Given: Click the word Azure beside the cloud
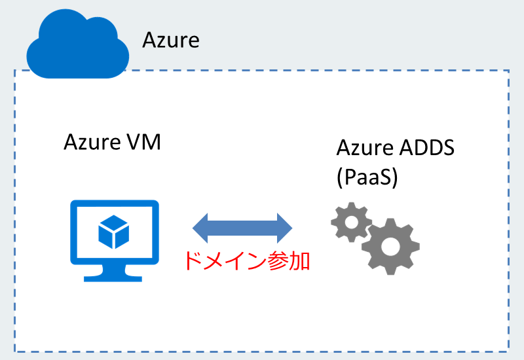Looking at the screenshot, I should click(171, 41).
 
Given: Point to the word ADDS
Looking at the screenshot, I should click(426, 149).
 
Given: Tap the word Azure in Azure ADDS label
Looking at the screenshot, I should click(364, 149).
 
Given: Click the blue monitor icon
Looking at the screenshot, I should click(115, 239).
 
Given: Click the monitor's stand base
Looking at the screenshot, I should click(114, 276).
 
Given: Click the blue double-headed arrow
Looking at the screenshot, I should click(242, 226).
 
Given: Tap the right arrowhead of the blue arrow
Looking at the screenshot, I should click(283, 226).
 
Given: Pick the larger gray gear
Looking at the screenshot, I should click(390, 246).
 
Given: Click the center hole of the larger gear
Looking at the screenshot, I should click(390, 247).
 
